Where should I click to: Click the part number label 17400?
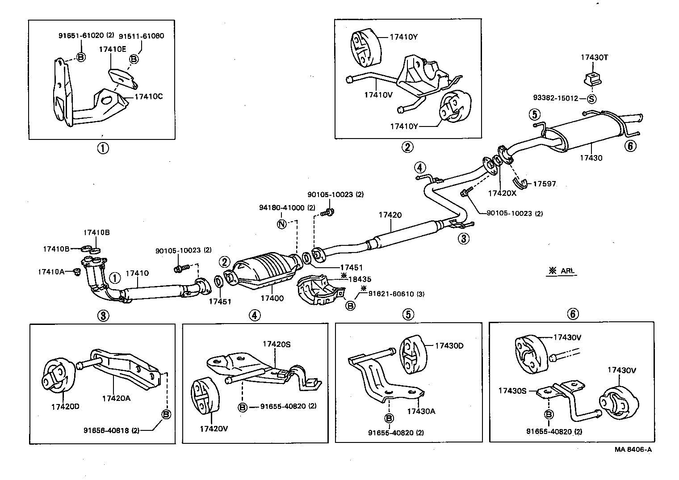(272, 298)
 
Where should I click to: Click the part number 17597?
(545, 184)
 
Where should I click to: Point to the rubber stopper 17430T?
(591, 78)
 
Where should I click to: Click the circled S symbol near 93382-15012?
(591, 98)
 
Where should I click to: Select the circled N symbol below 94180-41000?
(281, 224)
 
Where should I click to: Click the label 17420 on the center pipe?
(390, 215)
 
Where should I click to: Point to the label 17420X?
(502, 194)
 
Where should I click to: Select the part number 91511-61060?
(141, 36)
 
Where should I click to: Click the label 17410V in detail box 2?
(378, 94)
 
